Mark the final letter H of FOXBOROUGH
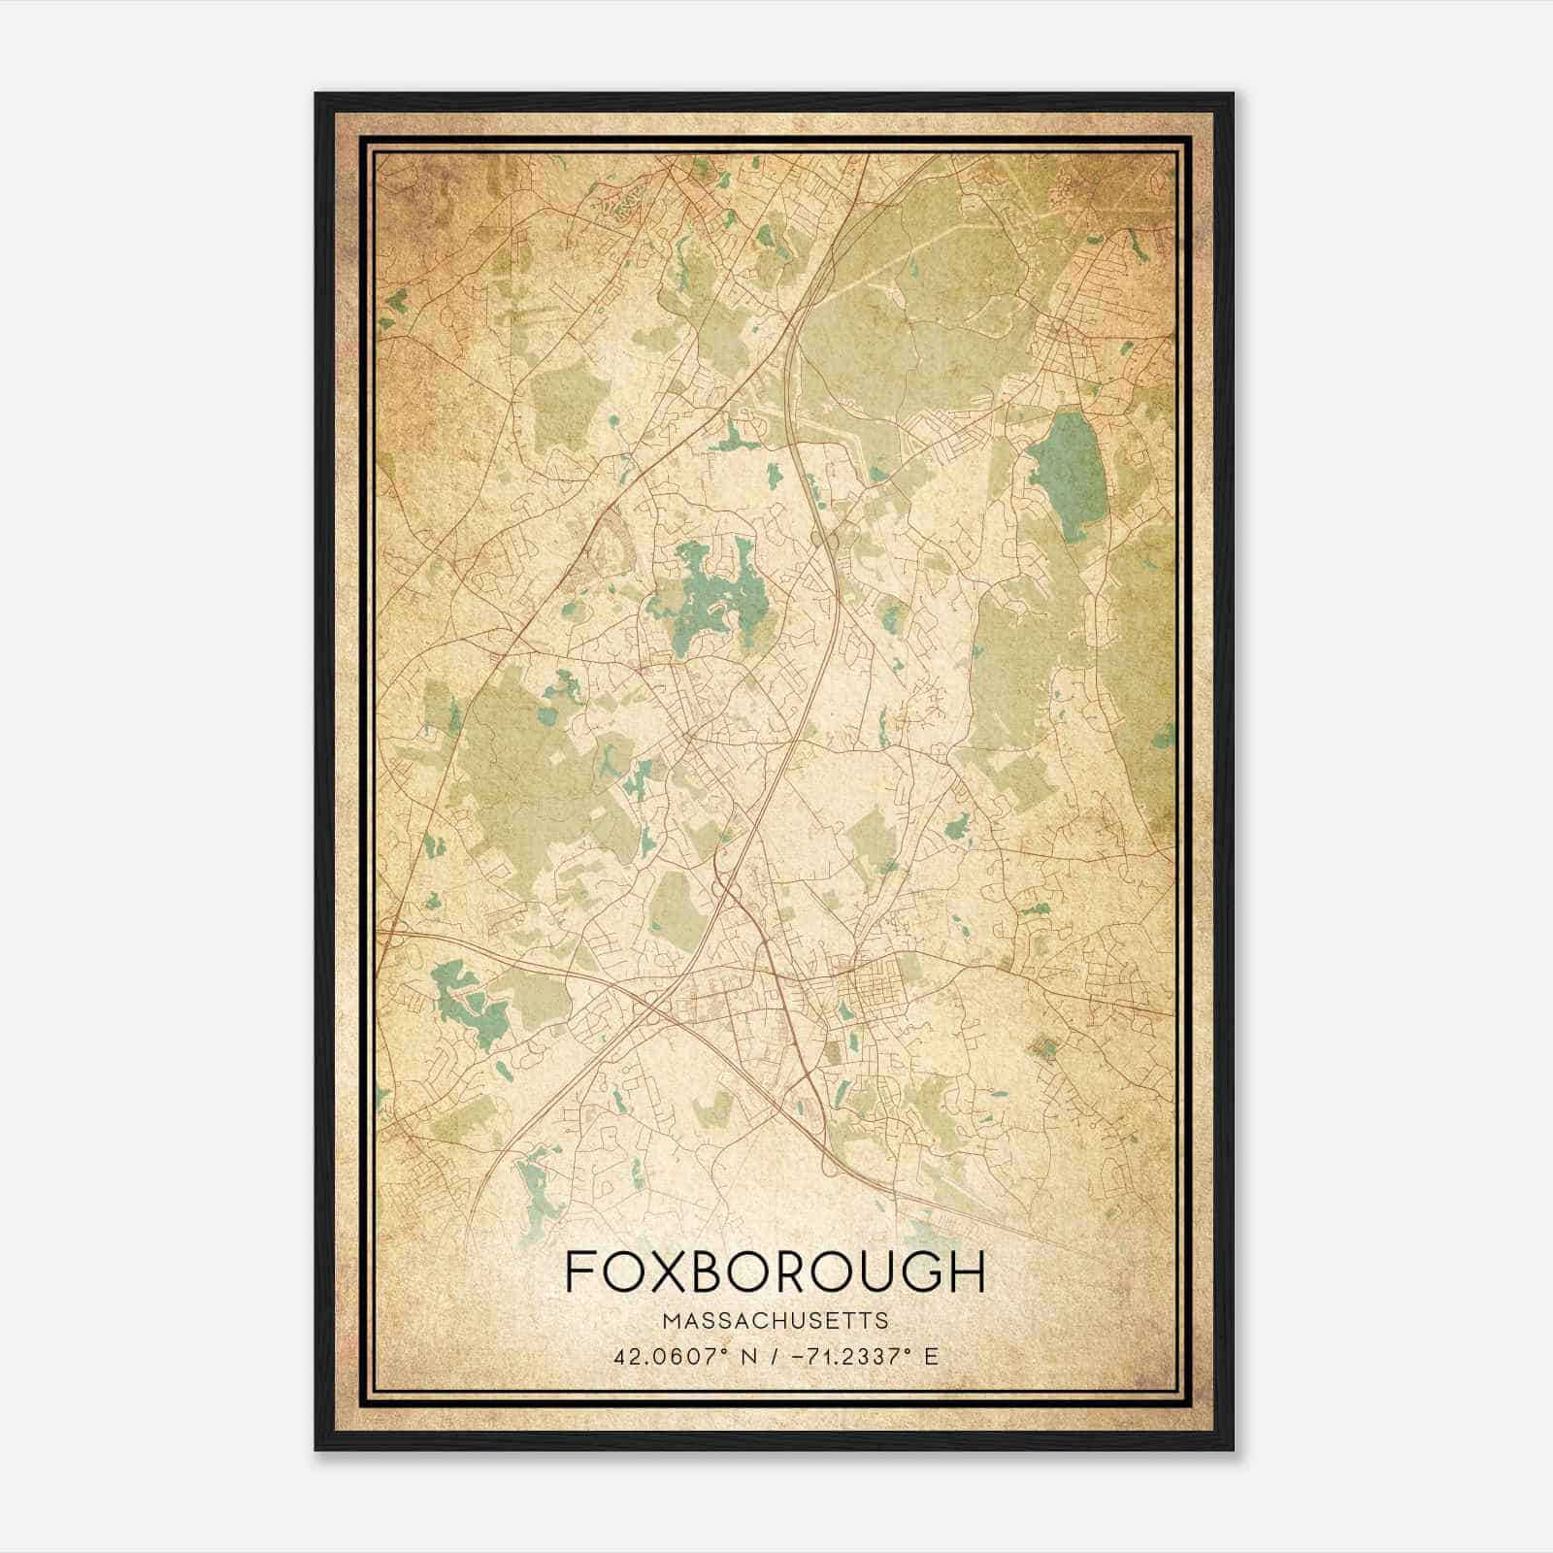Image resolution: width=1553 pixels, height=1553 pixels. tap(967, 1271)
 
